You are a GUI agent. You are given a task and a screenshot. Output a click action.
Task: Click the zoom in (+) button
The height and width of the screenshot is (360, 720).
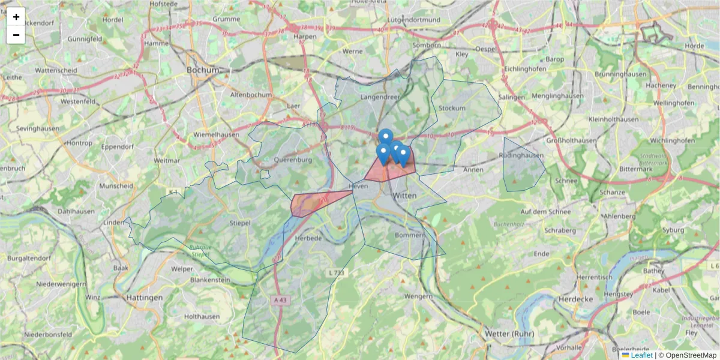[16, 17]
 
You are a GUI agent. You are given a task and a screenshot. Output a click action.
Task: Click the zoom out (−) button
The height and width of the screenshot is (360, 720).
[16, 35]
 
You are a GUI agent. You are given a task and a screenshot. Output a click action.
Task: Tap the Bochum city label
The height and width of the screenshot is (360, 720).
[203, 70]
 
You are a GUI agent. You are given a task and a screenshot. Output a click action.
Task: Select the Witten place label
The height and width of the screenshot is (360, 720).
[404, 196]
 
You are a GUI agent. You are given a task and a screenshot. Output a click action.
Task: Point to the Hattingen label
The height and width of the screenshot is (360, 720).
[144, 297]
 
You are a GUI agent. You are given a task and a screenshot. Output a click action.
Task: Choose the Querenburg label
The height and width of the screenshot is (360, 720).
[293, 160]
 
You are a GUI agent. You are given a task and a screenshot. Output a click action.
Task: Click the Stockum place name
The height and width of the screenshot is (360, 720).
[452, 108]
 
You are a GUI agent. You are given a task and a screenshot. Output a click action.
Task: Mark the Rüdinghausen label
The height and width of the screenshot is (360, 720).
[521, 155]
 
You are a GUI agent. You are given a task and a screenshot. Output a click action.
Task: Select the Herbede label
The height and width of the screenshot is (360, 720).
[309, 238]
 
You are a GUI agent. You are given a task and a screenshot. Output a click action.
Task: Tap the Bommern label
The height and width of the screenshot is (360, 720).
[410, 235]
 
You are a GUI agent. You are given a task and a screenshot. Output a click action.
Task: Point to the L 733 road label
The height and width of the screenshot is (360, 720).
[336, 273]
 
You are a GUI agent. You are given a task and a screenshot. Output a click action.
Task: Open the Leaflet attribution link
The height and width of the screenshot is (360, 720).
[641, 355]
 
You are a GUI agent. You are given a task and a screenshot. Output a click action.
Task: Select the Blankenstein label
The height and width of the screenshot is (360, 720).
[210, 280]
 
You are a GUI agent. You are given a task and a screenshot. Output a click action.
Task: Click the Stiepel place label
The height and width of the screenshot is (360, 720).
[240, 224]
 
